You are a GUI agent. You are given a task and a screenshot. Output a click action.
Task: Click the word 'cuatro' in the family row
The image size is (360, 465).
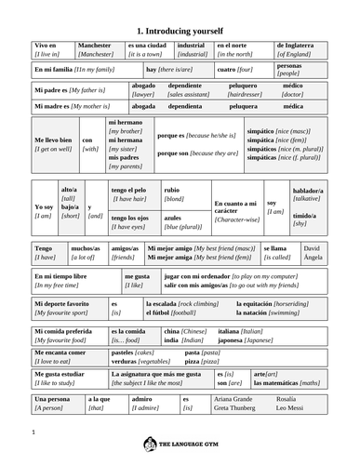point(227,70)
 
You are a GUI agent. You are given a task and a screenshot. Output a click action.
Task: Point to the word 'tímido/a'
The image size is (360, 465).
point(304,216)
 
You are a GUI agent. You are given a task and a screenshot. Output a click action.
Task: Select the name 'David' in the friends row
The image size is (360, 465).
point(313,248)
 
